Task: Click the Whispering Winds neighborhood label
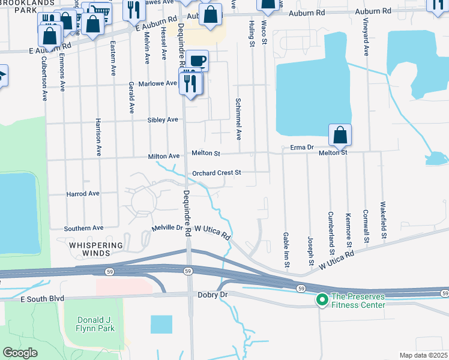(95, 250)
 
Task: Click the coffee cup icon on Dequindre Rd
(197, 61)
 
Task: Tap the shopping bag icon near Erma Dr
(340, 136)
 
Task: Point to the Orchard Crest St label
(216, 173)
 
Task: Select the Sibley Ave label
(163, 120)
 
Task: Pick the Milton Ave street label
(164, 157)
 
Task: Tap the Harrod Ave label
(83, 194)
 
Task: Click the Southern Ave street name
(84, 228)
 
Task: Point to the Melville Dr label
(167, 228)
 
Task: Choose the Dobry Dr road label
(212, 295)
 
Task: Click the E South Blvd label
(42, 299)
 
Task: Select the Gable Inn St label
(286, 251)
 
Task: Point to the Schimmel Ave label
(238, 119)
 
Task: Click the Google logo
(20, 353)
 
